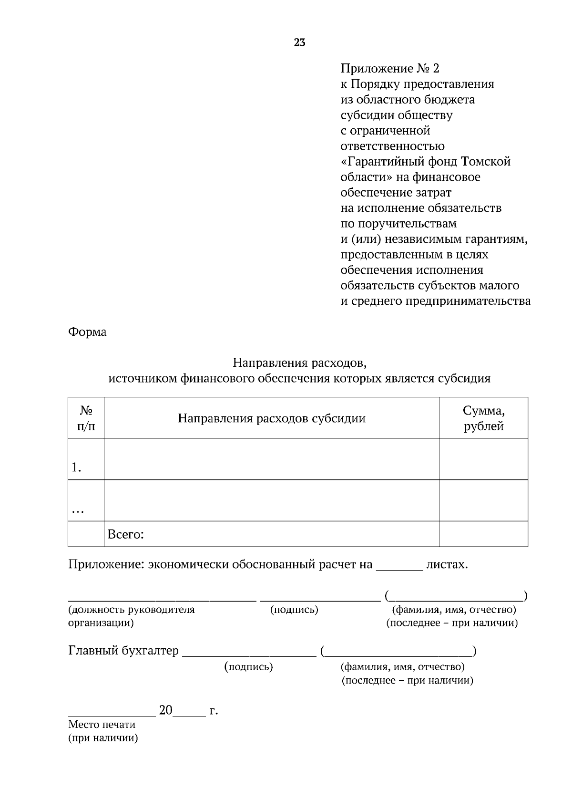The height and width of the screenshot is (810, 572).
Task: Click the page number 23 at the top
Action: [299, 42]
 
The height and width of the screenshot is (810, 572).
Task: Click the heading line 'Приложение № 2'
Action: [389, 69]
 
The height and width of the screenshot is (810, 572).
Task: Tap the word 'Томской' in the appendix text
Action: [486, 162]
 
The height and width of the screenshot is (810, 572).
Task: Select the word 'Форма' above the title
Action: [87, 332]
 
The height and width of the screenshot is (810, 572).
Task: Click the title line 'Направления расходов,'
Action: [299, 363]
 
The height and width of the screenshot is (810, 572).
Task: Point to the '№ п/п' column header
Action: [86, 418]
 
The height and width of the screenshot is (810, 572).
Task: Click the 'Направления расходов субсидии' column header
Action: [272, 418]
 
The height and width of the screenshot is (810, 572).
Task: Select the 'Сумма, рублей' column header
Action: [483, 418]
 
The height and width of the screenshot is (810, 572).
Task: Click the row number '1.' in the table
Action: [76, 468]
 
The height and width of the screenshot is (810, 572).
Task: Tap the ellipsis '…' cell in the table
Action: [78, 510]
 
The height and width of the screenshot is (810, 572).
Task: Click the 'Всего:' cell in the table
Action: [126, 534]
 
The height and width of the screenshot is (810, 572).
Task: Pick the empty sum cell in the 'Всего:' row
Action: [483, 534]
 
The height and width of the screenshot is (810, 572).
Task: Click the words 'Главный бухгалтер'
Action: [123, 651]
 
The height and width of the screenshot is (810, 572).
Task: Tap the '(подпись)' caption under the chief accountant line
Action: [248, 667]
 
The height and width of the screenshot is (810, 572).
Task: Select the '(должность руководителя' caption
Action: [132, 610]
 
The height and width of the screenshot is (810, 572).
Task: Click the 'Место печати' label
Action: [102, 725]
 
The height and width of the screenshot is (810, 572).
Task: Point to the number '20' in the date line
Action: [165, 710]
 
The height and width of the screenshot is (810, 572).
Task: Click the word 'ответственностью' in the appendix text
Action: [392, 146]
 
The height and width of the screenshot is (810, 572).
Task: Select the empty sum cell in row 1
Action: [483, 459]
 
